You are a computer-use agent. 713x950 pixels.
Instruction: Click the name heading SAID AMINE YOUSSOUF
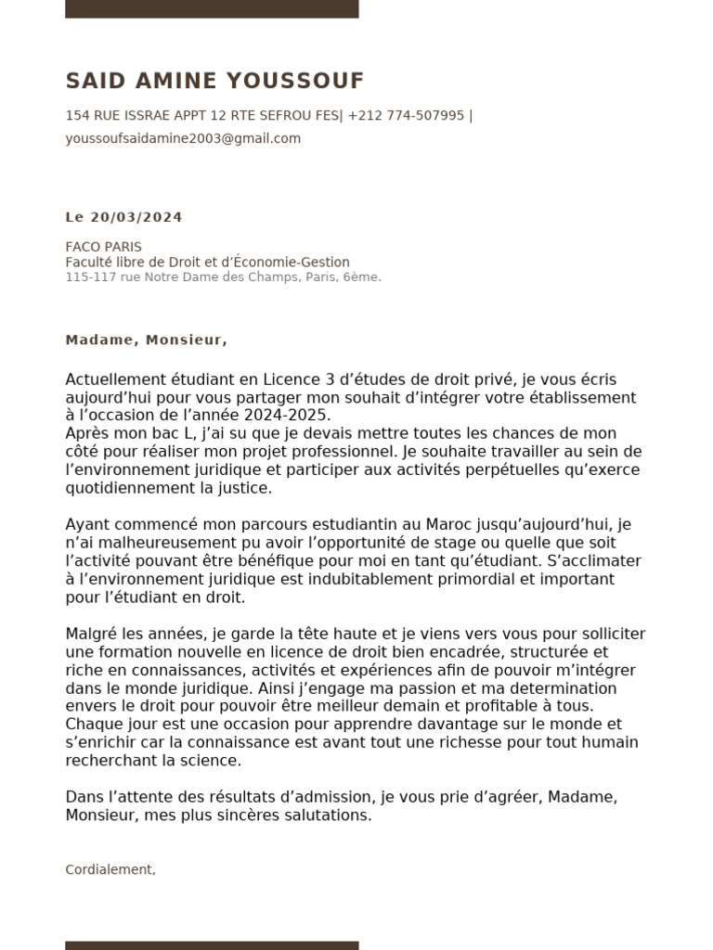(x=214, y=82)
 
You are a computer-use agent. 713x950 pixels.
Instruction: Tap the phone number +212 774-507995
(x=406, y=116)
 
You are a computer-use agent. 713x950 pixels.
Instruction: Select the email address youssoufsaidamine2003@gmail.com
(x=183, y=138)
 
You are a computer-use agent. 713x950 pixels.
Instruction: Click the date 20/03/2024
(x=136, y=217)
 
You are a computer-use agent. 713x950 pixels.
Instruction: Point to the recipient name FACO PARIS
(x=103, y=248)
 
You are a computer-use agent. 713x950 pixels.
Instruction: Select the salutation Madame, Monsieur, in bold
(x=146, y=340)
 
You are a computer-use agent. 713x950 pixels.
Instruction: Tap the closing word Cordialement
(x=110, y=869)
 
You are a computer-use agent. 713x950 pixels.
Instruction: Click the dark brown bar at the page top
(x=212, y=8)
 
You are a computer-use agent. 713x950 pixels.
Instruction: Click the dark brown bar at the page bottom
(x=212, y=944)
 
